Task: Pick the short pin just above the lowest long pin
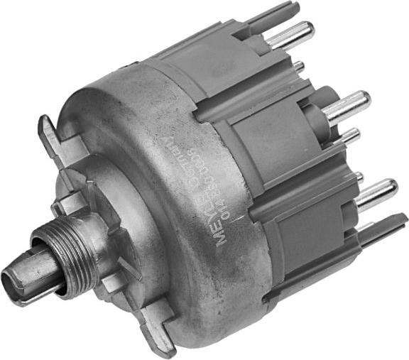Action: tap(359, 175)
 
